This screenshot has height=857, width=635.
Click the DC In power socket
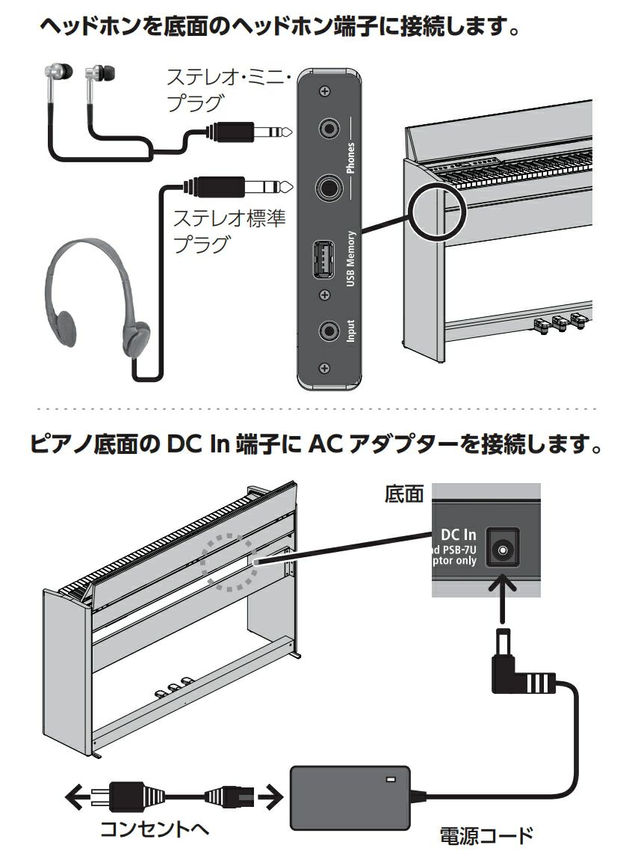(503, 551)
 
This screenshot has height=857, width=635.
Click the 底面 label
(403, 494)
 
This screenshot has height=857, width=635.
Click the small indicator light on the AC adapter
(389, 780)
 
